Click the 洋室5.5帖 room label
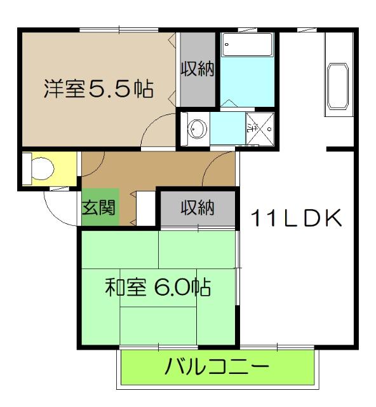pos(98,89)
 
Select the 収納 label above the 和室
pos(196,208)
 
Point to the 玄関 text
pos(100,209)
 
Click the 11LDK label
pos(296,219)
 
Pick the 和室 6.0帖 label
pos(158,288)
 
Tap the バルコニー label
pos(217,368)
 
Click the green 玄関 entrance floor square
pos(100,209)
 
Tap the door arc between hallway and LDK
pos(222,165)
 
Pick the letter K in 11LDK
pos(333,219)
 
